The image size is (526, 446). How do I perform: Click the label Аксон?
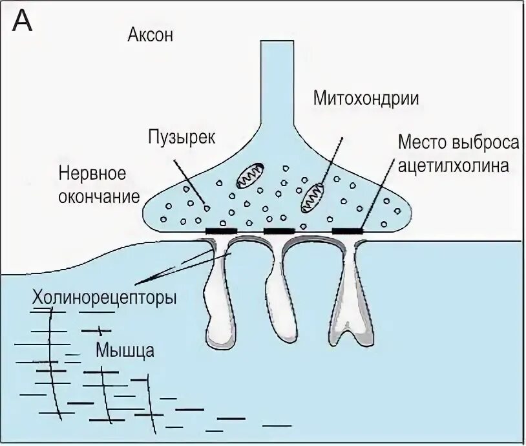(x=150, y=36)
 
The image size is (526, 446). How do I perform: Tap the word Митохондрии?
(x=366, y=98)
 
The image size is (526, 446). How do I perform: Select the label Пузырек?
(x=176, y=137)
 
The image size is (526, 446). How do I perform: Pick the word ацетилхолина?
(x=454, y=165)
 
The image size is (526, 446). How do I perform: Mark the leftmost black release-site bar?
(x=221, y=230)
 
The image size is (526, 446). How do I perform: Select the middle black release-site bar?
(x=279, y=230)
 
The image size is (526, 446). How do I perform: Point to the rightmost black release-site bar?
(x=348, y=230)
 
